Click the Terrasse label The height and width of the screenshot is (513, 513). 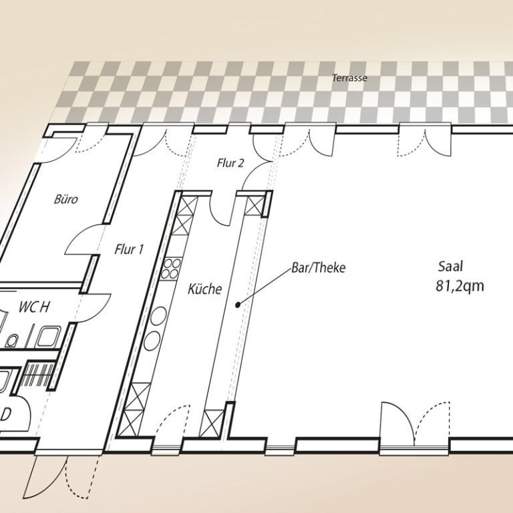coord(349,78)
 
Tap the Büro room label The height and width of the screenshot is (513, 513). coord(66,199)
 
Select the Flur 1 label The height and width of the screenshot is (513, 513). coord(129,249)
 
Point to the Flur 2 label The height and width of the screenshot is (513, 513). coord(230,163)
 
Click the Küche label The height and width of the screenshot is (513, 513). coord(205,289)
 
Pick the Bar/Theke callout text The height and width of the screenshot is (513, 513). coord(319,268)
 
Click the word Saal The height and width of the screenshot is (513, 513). coord(450,267)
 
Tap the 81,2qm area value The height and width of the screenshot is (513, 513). coord(460,286)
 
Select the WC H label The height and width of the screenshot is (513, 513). coord(34,307)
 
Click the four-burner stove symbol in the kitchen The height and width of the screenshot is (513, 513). coord(171,269)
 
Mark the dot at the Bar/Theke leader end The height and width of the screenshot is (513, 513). coord(238,305)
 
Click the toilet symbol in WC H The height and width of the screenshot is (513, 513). coord(12,340)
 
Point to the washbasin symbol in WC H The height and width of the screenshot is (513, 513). coord(48,337)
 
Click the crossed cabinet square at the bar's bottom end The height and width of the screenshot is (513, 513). coord(212,423)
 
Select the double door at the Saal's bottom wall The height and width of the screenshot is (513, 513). coord(415,425)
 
